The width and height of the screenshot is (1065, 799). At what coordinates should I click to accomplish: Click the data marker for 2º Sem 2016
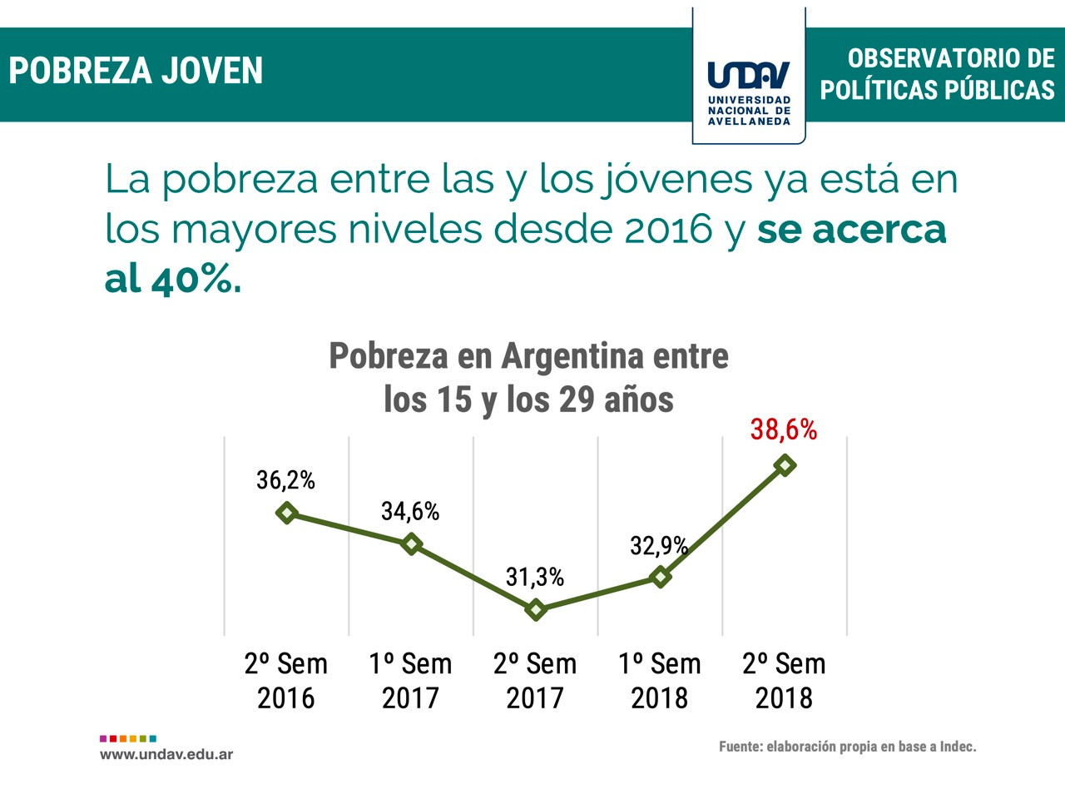click(286, 513)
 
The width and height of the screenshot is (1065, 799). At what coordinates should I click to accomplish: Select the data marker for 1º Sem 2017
click(411, 543)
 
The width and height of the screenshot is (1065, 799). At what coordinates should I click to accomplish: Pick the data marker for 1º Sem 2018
click(660, 576)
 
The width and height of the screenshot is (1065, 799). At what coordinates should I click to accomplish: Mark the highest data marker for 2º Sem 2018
click(784, 465)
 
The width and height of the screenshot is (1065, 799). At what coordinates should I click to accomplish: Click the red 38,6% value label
click(783, 429)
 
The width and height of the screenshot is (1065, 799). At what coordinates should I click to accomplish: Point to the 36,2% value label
click(285, 480)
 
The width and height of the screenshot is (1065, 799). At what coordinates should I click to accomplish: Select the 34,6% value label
click(410, 511)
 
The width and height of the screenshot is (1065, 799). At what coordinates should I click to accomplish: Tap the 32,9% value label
click(658, 545)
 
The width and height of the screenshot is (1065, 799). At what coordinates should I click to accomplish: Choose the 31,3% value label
click(535, 577)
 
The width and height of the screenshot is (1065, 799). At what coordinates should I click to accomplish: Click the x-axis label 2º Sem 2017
click(535, 681)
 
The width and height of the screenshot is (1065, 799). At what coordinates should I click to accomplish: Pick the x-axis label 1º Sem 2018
click(659, 681)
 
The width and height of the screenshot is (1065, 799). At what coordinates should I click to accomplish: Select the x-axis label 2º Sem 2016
click(285, 681)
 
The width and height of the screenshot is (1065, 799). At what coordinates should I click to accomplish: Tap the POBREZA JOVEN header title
click(136, 72)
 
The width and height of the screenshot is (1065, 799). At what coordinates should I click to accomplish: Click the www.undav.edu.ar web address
click(166, 754)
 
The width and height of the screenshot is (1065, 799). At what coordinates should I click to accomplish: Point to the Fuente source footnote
click(847, 747)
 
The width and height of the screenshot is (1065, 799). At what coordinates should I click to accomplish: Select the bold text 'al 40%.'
click(173, 280)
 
